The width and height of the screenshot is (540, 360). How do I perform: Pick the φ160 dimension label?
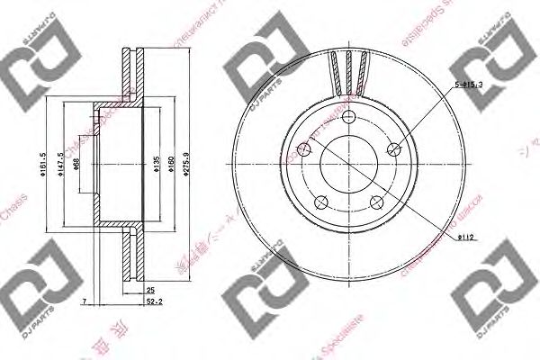tap(170, 163)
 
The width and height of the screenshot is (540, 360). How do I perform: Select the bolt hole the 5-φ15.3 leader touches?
tap(393, 149)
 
